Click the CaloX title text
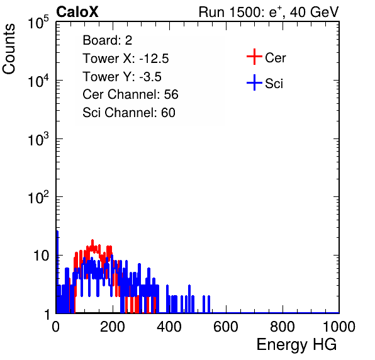pos(77,12)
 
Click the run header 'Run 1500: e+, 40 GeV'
pos(269,12)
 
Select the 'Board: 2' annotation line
pos(108,40)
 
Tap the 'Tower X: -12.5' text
pos(126,59)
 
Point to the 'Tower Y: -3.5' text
pos(122,77)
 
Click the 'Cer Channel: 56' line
pos(131,94)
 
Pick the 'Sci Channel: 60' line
pos(129,113)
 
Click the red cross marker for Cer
pos(254,57)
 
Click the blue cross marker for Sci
pos(254,82)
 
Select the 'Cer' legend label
pos(275,58)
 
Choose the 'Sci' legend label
pos(274,84)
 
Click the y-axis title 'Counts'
pos(9,49)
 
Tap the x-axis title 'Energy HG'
pos(296,345)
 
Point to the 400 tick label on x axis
pos(169,327)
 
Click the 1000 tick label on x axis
pos(339,327)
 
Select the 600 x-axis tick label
pos(226,327)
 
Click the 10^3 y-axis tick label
pos(38,139)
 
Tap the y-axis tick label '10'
pos(41,256)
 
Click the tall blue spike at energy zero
pos(57,272)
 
